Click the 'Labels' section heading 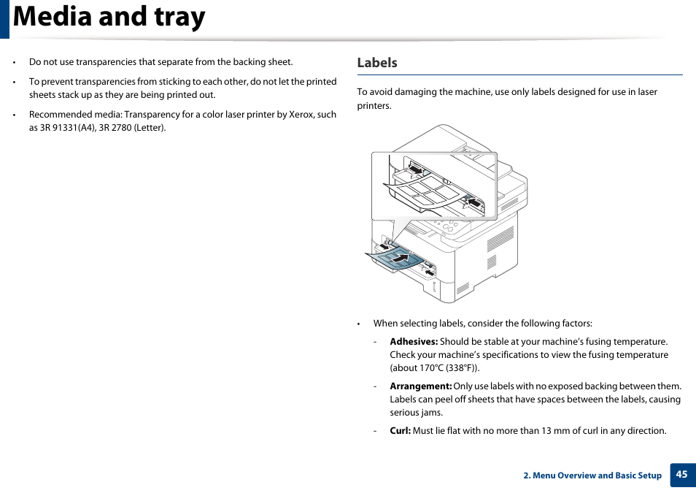coord(377,63)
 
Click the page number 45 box coord(681,475)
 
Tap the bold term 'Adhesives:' coord(414,342)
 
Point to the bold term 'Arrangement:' coord(421,386)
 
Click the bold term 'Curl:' coord(400,431)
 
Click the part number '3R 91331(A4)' coord(69,128)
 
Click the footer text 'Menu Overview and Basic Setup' coord(597,475)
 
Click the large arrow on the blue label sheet coord(399,257)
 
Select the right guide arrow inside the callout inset coord(473,202)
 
